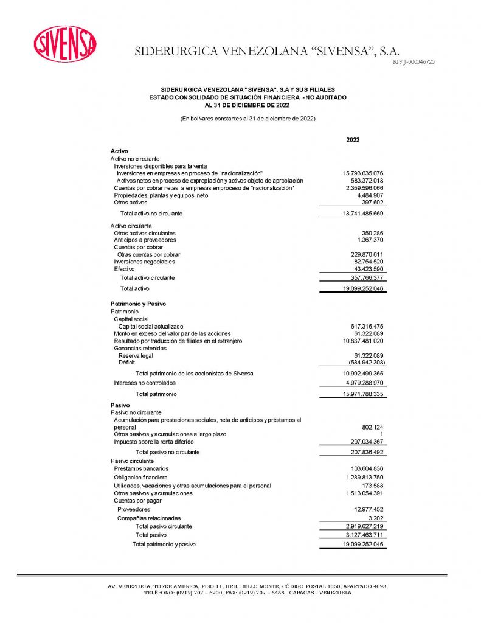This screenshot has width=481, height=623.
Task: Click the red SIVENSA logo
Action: (65, 44)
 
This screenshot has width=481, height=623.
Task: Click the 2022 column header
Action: (353, 140)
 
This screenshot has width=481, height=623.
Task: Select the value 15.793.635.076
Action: (363, 173)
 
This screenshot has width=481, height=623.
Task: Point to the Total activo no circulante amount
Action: (363, 214)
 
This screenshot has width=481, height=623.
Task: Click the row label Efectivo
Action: (124, 269)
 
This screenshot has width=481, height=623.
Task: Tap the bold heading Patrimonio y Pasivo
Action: (138, 304)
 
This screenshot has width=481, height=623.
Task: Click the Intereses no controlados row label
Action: (145, 383)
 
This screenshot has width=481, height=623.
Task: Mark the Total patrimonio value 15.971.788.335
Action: (363, 395)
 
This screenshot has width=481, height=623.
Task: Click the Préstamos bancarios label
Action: (141, 469)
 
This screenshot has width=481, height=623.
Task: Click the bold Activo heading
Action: (119, 151)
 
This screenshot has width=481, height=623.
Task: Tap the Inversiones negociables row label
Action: (144, 262)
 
